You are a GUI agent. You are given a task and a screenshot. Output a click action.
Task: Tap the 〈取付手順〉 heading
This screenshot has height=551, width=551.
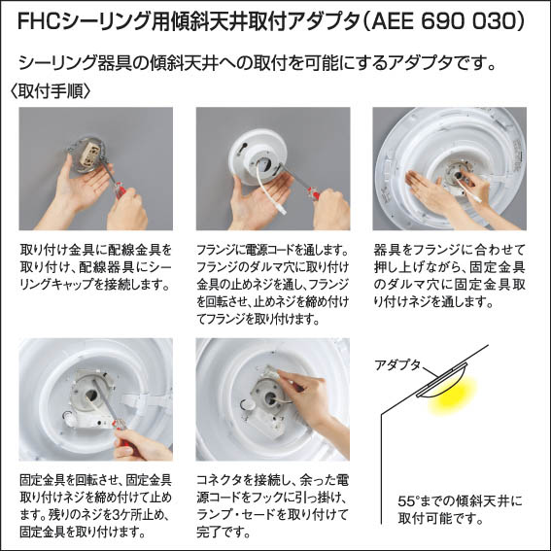(51, 91)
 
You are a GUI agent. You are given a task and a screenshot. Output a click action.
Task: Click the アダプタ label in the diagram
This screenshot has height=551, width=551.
(397, 365)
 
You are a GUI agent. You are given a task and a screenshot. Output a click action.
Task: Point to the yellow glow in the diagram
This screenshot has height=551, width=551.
(453, 395)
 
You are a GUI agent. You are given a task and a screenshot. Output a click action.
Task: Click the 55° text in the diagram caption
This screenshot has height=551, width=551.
(409, 500)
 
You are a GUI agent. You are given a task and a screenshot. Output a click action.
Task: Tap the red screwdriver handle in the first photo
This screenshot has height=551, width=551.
(120, 190)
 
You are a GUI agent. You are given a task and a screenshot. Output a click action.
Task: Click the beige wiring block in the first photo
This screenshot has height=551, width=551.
(89, 155)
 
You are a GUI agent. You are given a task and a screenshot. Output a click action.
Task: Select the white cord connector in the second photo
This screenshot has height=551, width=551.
(282, 210)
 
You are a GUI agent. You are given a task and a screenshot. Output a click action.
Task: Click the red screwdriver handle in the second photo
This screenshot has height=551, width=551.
(312, 193)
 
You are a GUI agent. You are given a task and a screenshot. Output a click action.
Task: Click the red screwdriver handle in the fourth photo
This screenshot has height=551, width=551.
(120, 425)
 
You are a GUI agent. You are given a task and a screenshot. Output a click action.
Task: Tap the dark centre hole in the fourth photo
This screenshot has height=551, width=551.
(90, 396)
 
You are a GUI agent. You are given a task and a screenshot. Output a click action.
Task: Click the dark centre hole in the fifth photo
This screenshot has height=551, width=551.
(270, 398)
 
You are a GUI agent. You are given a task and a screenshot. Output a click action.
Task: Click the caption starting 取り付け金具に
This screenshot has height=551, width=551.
(95, 267)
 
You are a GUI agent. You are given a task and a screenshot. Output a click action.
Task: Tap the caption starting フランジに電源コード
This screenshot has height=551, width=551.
(273, 285)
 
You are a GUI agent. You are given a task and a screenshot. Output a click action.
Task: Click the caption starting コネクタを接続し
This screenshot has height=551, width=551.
(273, 506)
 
